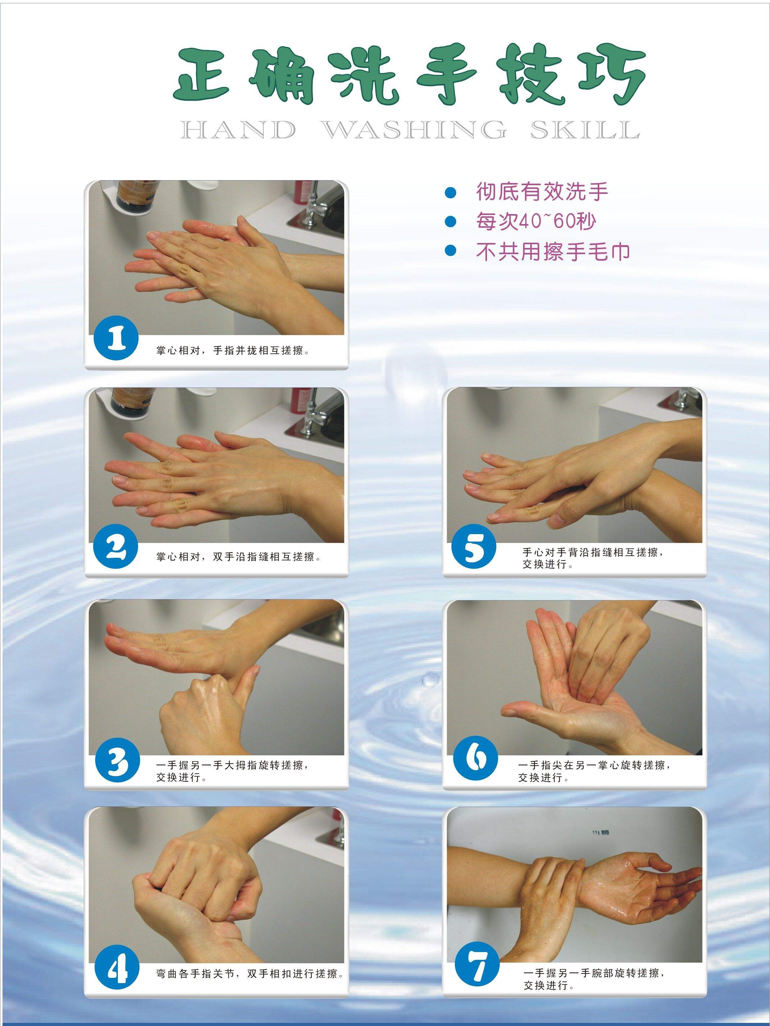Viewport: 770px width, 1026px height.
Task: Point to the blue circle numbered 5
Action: (474, 549)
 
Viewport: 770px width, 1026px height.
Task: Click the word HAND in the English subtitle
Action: (237, 130)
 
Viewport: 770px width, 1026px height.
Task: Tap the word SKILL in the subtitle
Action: (585, 130)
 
